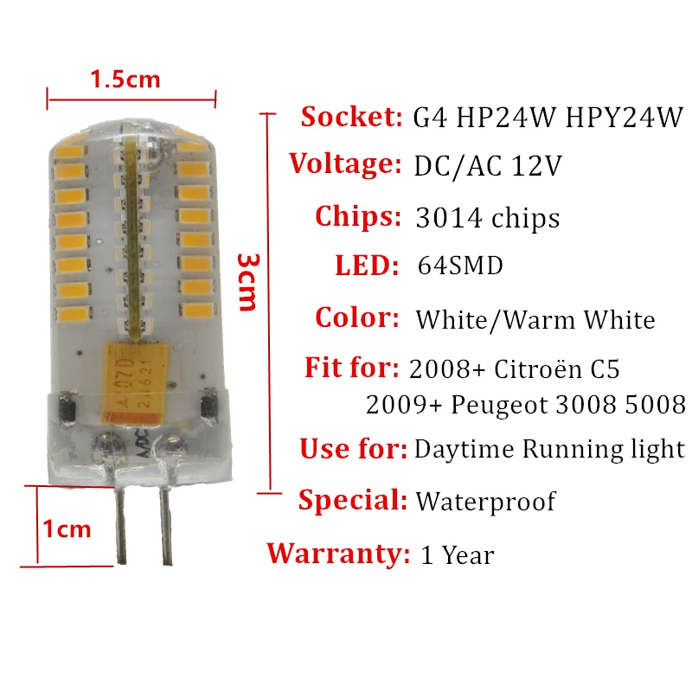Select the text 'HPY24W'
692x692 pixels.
(x=624, y=117)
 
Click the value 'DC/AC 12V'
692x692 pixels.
(x=489, y=165)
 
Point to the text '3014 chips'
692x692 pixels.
(x=488, y=218)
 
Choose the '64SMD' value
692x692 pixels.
(x=459, y=266)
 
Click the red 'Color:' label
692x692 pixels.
(x=357, y=317)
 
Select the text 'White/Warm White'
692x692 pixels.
(x=535, y=320)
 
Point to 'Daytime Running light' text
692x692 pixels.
(x=549, y=450)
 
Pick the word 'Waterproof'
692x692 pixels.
(x=485, y=501)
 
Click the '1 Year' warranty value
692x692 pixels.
(x=457, y=554)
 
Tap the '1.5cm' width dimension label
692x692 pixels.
(x=125, y=80)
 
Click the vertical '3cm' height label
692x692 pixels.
(x=247, y=282)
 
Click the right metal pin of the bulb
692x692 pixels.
(x=162, y=519)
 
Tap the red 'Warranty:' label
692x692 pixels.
(x=338, y=553)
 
